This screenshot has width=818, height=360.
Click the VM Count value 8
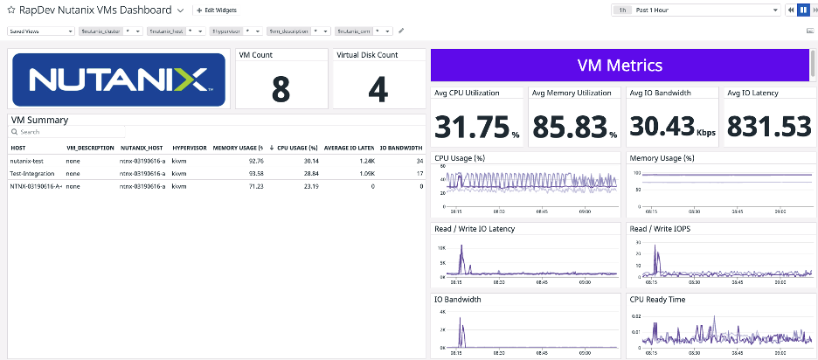click(281, 89)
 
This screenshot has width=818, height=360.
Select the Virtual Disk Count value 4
click(378, 89)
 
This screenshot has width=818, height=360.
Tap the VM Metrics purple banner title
click(620, 66)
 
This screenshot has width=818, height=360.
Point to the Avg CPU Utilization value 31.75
click(472, 128)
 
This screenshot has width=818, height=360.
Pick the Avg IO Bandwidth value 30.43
click(662, 128)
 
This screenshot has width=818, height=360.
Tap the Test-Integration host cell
click(34, 174)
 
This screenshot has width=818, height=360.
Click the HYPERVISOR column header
click(189, 148)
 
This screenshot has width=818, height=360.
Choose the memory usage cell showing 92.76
click(255, 161)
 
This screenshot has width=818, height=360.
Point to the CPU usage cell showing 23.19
click(309, 186)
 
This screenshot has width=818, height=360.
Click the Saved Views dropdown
click(41, 31)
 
